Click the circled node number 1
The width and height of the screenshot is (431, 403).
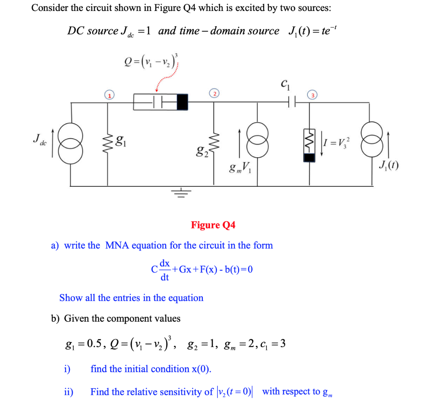[109, 96]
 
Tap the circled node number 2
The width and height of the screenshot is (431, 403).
[215, 94]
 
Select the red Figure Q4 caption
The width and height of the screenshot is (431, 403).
[213, 225]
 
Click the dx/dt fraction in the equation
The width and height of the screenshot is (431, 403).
[165, 269]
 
